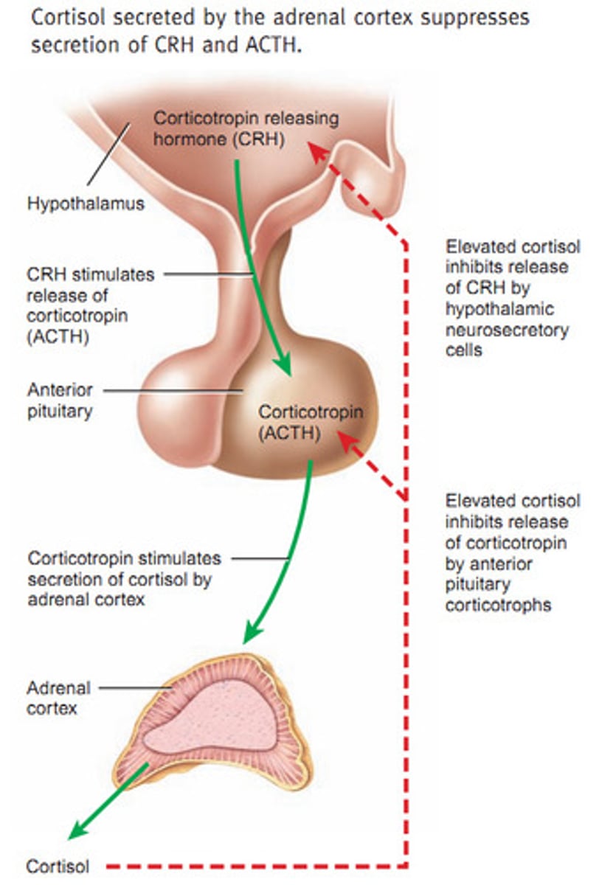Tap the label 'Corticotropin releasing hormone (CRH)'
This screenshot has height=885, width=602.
tap(246, 128)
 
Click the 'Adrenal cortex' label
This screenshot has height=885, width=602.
tap(58, 698)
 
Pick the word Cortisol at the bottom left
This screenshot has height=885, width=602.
tap(58, 865)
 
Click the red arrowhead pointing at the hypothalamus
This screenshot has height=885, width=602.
tap(316, 150)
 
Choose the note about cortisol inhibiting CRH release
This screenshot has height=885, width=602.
tap(507, 297)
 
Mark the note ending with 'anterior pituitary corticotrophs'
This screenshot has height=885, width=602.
tap(512, 553)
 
